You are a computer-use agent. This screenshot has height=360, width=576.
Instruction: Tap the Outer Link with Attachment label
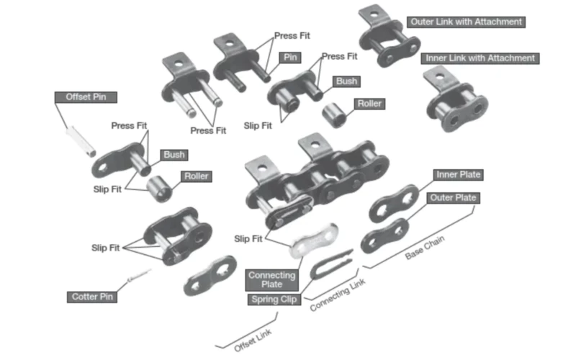[x=465, y=22]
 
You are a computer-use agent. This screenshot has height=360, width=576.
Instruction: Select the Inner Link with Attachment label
[x=480, y=58]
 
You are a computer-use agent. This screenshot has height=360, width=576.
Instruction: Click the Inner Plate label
[x=458, y=175]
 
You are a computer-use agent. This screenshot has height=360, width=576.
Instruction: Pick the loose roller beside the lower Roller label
[x=158, y=189]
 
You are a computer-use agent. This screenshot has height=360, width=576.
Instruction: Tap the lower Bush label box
[x=174, y=155]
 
